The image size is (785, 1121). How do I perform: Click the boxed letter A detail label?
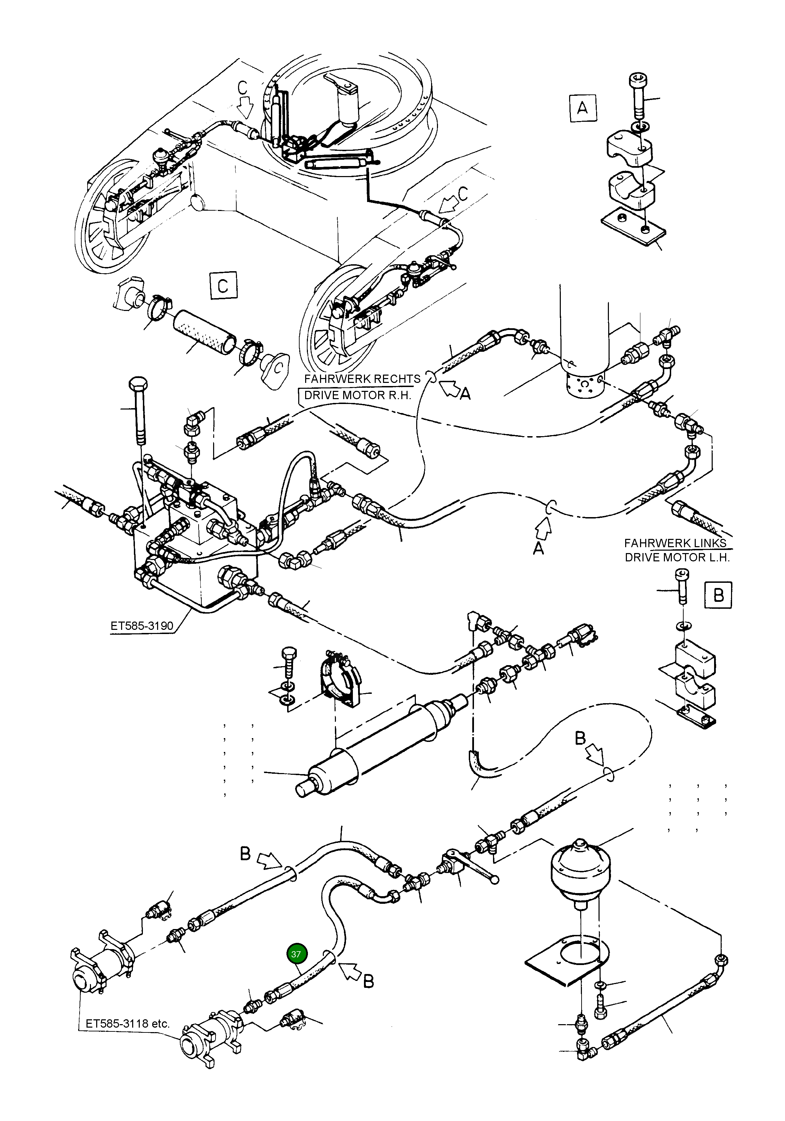[582, 108]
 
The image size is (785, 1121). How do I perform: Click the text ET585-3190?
[142, 625]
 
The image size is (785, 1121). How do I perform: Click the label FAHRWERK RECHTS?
[362, 379]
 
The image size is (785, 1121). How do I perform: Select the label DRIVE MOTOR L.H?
[677, 557]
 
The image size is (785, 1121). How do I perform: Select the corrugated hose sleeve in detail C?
[205, 332]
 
